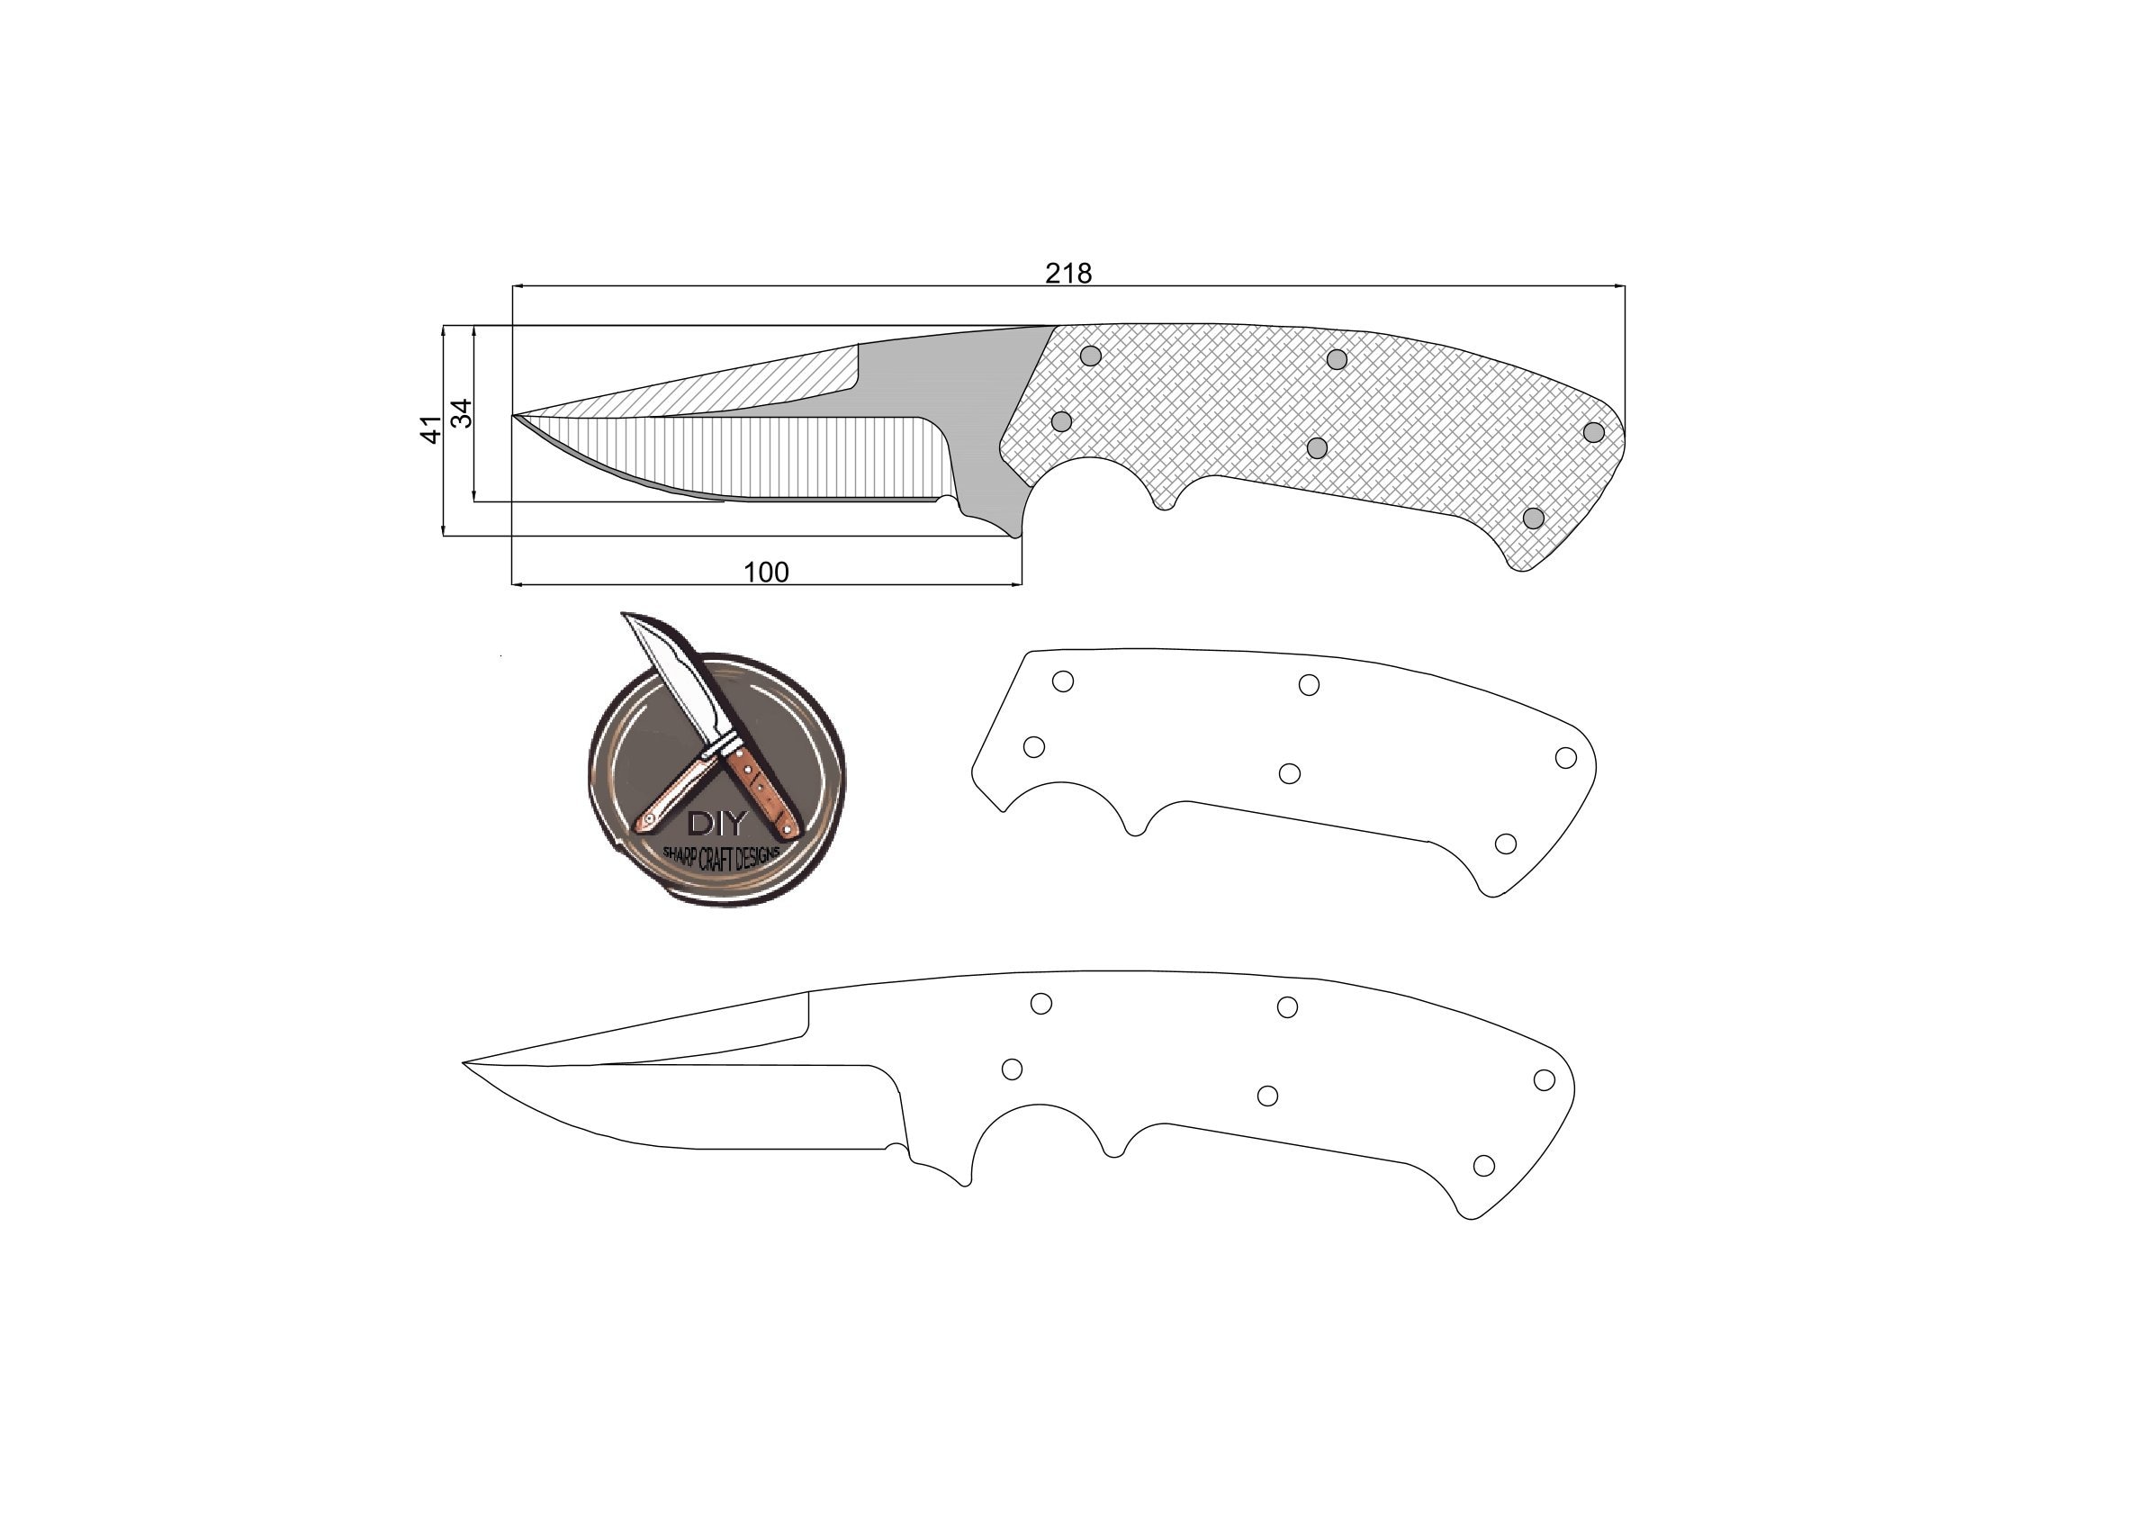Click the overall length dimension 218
click(1067, 273)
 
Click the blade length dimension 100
click(766, 572)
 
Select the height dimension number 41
click(430, 429)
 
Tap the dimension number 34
click(463, 413)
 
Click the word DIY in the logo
click(716, 823)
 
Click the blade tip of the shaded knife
click(515, 415)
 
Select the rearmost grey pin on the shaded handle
click(1594, 432)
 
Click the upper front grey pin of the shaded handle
click(1091, 356)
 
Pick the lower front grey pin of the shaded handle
click(1062, 421)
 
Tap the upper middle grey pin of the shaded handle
click(1338, 359)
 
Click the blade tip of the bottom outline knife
click(465, 1062)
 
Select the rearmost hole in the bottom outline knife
click(1545, 1079)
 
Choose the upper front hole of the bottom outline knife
click(1041, 1003)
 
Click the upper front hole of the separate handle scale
click(1063, 681)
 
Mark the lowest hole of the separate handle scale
click(1505, 844)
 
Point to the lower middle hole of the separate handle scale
click(1290, 773)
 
